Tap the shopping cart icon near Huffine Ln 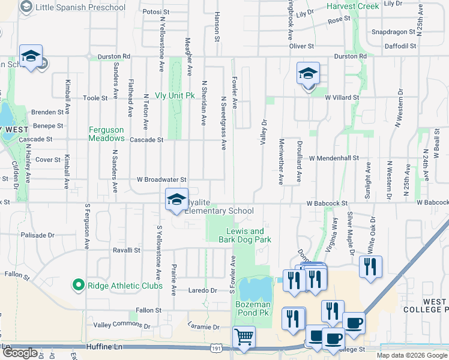pos(244,337)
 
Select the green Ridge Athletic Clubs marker pos(77,285)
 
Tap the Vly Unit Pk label pos(175,95)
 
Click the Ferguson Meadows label pos(106,134)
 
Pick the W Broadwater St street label pos(161,179)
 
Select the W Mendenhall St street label pos(333,158)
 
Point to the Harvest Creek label pos(353,6)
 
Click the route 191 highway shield pos(215,348)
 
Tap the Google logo pos(19,353)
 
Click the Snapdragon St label pos(393,32)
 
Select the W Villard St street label pos(342,97)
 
